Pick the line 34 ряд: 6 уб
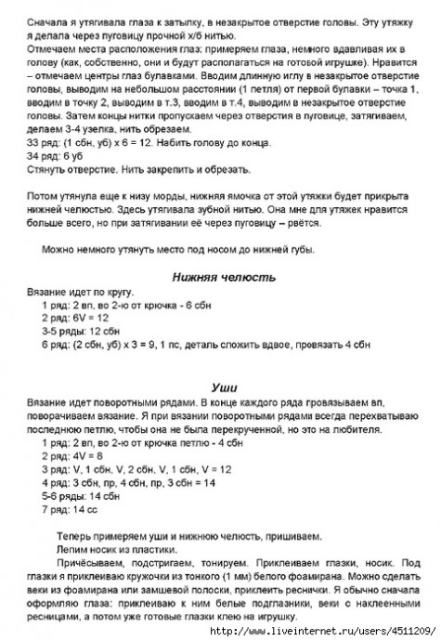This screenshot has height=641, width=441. point(53,158)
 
